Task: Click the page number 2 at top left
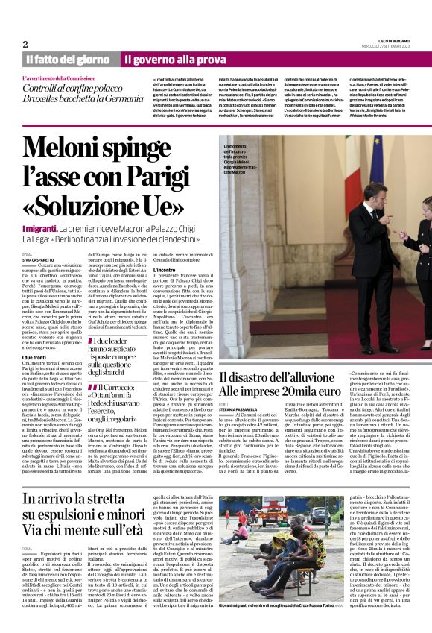pyautogui.click(x=25, y=44)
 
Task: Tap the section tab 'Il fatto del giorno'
pyautogui.click(x=68, y=59)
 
